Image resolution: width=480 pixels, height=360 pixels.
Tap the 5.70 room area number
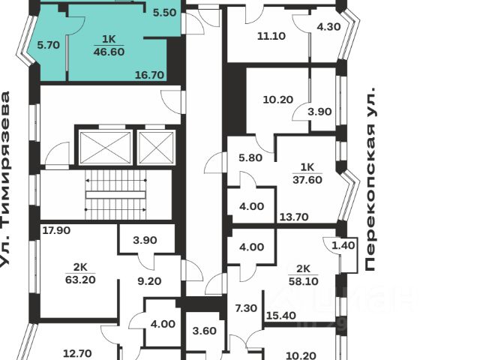click(x=48, y=45)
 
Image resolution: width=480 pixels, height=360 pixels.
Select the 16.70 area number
click(x=150, y=75)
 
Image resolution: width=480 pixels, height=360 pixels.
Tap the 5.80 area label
click(x=249, y=158)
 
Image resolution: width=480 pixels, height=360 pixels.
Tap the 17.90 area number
click(x=56, y=230)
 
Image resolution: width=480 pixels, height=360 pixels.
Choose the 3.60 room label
click(x=204, y=331)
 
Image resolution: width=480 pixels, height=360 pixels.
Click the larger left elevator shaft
click(x=105, y=148)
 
